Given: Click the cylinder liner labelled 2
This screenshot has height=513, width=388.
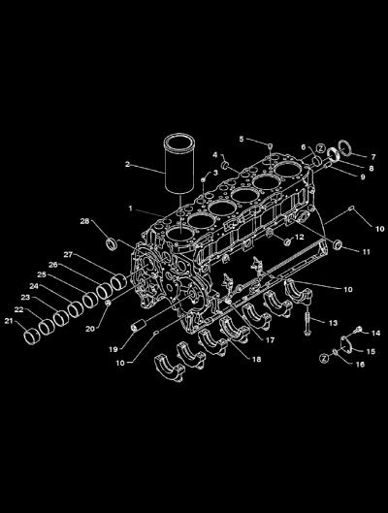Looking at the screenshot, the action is pyautogui.click(x=179, y=163).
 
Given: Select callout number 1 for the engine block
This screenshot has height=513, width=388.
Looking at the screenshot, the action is pyautogui.click(x=131, y=208).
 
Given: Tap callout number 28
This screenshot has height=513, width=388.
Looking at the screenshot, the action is pyautogui.click(x=84, y=221).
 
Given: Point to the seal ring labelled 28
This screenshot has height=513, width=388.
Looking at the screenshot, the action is pyautogui.click(x=112, y=244).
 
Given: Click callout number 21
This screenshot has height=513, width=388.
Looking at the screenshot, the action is pyautogui.click(x=9, y=321).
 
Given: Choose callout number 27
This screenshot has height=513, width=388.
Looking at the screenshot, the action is pyautogui.click(x=68, y=254).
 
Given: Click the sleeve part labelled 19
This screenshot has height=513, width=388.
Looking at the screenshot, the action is pyautogui.click(x=138, y=326).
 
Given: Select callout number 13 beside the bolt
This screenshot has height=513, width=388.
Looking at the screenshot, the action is pyautogui.click(x=333, y=323).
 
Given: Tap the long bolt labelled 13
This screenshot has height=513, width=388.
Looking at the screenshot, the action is pyautogui.click(x=307, y=322).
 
